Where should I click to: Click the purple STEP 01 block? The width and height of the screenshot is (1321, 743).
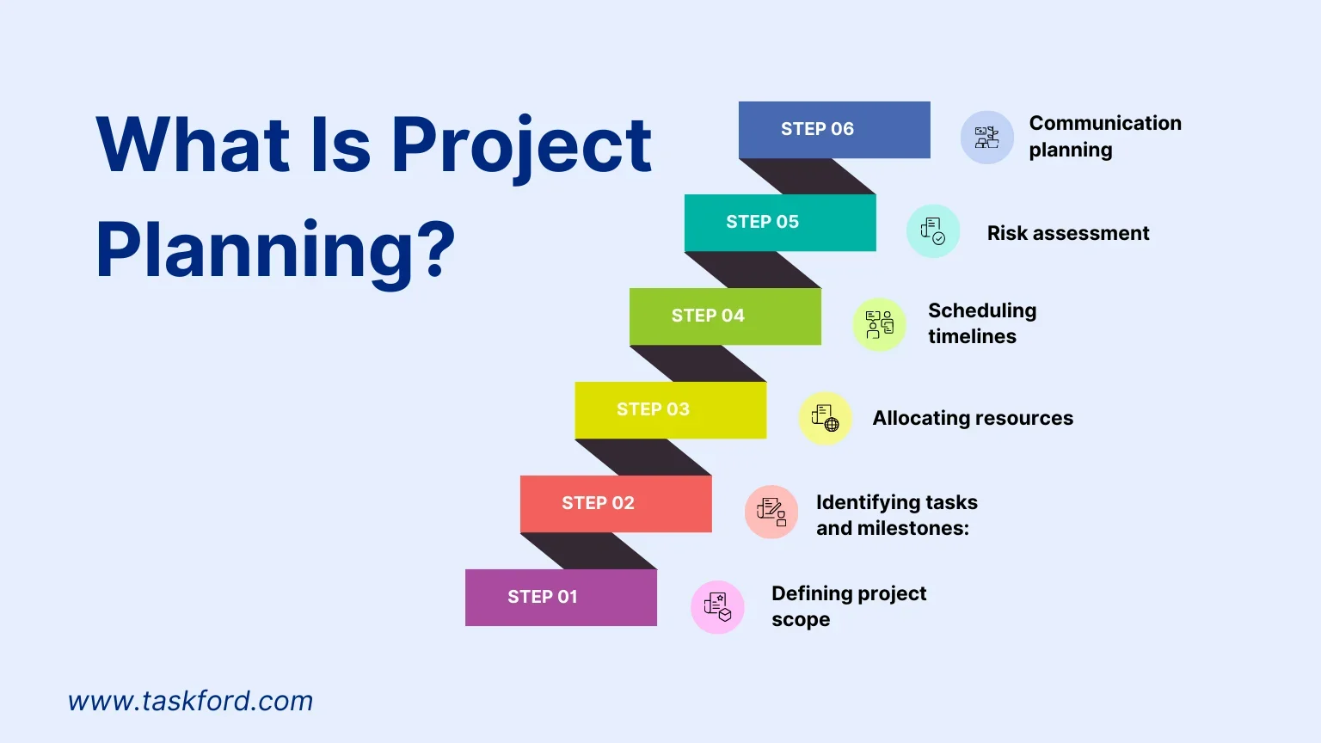pos(561,598)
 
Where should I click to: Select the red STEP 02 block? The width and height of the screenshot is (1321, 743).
pos(616,504)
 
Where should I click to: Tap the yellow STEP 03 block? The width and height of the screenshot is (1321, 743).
pos(671,410)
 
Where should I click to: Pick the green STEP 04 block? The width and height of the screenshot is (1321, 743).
pos(725,316)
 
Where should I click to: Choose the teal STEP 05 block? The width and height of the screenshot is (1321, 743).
pos(780,223)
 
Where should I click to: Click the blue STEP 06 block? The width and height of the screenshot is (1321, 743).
pos(834,130)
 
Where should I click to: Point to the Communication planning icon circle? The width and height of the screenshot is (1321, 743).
pos(987,138)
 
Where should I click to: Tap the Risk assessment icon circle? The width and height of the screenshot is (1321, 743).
pos(933,230)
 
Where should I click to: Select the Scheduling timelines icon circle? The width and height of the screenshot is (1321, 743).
pos(879,324)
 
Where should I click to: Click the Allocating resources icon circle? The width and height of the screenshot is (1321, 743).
pos(825,418)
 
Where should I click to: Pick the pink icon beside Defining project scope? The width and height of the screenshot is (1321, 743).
pos(718,607)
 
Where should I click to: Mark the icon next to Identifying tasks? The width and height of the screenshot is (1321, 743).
pos(771,512)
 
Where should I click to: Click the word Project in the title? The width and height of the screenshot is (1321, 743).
pos(521,147)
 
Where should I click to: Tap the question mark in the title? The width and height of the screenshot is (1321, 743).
pos(440,249)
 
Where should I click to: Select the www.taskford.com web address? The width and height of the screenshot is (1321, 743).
pos(190,701)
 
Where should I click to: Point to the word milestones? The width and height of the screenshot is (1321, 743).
pos(912,528)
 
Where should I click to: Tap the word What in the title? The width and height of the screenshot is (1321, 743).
pos(193,144)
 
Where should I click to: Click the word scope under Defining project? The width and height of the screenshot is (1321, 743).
pos(801,620)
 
